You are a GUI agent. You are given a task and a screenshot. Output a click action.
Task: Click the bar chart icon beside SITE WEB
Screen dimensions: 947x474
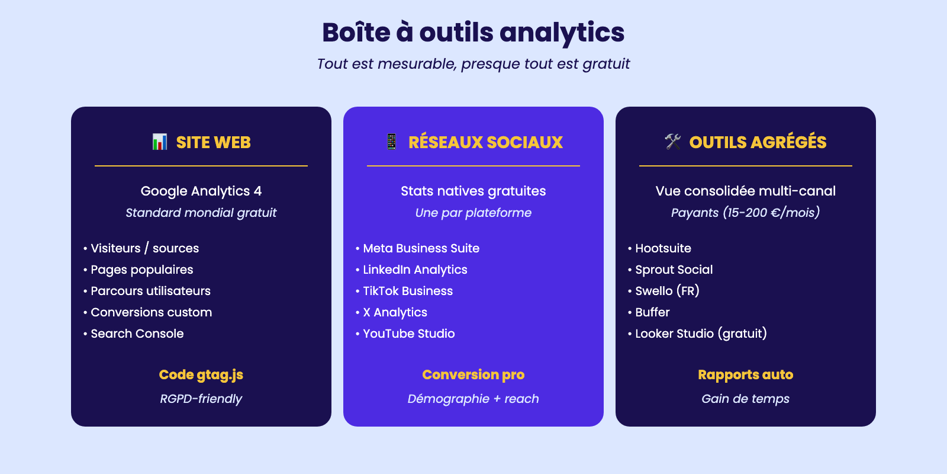click(x=159, y=142)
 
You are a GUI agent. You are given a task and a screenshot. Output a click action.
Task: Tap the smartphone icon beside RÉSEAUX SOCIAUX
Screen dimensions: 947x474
click(x=391, y=142)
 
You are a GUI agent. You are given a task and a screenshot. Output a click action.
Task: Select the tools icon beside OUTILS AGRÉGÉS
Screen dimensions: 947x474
click(x=672, y=142)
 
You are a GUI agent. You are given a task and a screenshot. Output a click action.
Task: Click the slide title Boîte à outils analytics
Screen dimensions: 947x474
click(x=474, y=33)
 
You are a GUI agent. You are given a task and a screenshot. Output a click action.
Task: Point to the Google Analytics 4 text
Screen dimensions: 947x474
click(x=201, y=191)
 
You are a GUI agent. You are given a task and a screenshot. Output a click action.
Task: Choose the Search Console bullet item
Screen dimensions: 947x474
click(x=134, y=334)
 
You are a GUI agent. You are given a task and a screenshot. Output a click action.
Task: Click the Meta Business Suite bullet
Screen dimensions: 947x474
click(x=418, y=248)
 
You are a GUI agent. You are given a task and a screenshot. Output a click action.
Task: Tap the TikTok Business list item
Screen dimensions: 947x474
click(x=404, y=291)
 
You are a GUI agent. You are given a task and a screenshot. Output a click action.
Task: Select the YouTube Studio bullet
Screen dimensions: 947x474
click(x=405, y=334)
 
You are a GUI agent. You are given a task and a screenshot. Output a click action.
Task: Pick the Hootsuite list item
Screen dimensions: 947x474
click(x=659, y=248)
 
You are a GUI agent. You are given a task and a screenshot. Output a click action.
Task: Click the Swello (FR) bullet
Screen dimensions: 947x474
click(x=663, y=291)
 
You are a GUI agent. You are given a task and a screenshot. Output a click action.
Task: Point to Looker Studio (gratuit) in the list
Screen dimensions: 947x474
click(x=698, y=334)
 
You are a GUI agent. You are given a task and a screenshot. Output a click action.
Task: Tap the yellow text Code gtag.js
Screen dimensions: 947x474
click(x=201, y=375)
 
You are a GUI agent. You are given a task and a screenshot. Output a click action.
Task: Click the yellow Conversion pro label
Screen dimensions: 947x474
click(x=474, y=374)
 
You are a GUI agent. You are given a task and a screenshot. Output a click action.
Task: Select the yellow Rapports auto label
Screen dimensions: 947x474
click(x=746, y=374)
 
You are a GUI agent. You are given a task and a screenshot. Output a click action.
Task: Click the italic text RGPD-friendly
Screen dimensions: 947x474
click(x=201, y=399)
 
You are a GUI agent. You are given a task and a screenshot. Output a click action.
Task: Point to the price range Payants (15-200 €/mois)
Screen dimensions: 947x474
click(x=746, y=212)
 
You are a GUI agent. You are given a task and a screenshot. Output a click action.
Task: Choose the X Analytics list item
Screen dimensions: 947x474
click(x=391, y=312)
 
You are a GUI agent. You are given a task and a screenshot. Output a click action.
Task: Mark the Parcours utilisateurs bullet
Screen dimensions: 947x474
click(x=147, y=291)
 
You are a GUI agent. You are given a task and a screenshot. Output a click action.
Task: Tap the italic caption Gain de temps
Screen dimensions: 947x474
click(x=746, y=399)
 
